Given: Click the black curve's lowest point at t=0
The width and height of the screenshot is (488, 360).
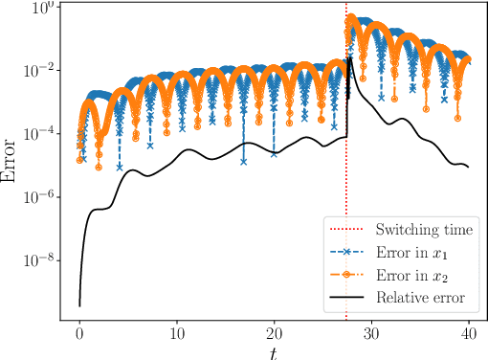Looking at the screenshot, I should (x=78, y=305).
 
